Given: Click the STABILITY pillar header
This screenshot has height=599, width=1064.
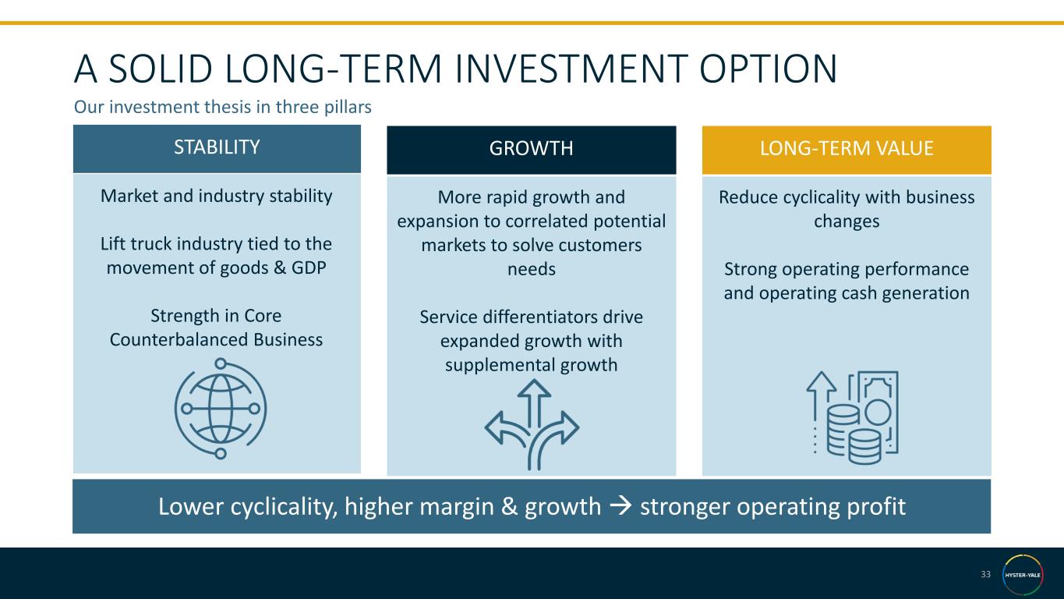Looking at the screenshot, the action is point(217,148).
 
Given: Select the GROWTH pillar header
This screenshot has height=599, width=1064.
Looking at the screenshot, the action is point(531,149).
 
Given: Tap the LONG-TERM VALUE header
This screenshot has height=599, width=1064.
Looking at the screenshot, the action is point(847,149).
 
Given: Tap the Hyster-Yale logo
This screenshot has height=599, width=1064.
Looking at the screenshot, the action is point(1023,575).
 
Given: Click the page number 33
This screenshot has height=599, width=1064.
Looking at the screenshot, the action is point(985,574).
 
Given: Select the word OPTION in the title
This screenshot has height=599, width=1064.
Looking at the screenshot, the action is point(768,69).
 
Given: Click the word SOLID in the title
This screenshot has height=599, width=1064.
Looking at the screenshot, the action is point(161,69).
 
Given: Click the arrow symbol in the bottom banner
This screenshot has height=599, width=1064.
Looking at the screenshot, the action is point(620,506).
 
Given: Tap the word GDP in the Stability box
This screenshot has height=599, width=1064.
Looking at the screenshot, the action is point(309,268).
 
